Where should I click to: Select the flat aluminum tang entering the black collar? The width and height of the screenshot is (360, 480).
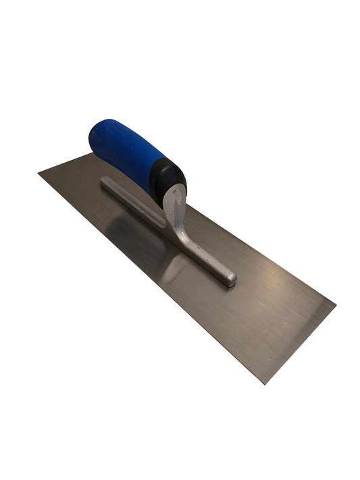[174, 199]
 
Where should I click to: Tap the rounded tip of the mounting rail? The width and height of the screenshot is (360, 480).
[230, 278]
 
